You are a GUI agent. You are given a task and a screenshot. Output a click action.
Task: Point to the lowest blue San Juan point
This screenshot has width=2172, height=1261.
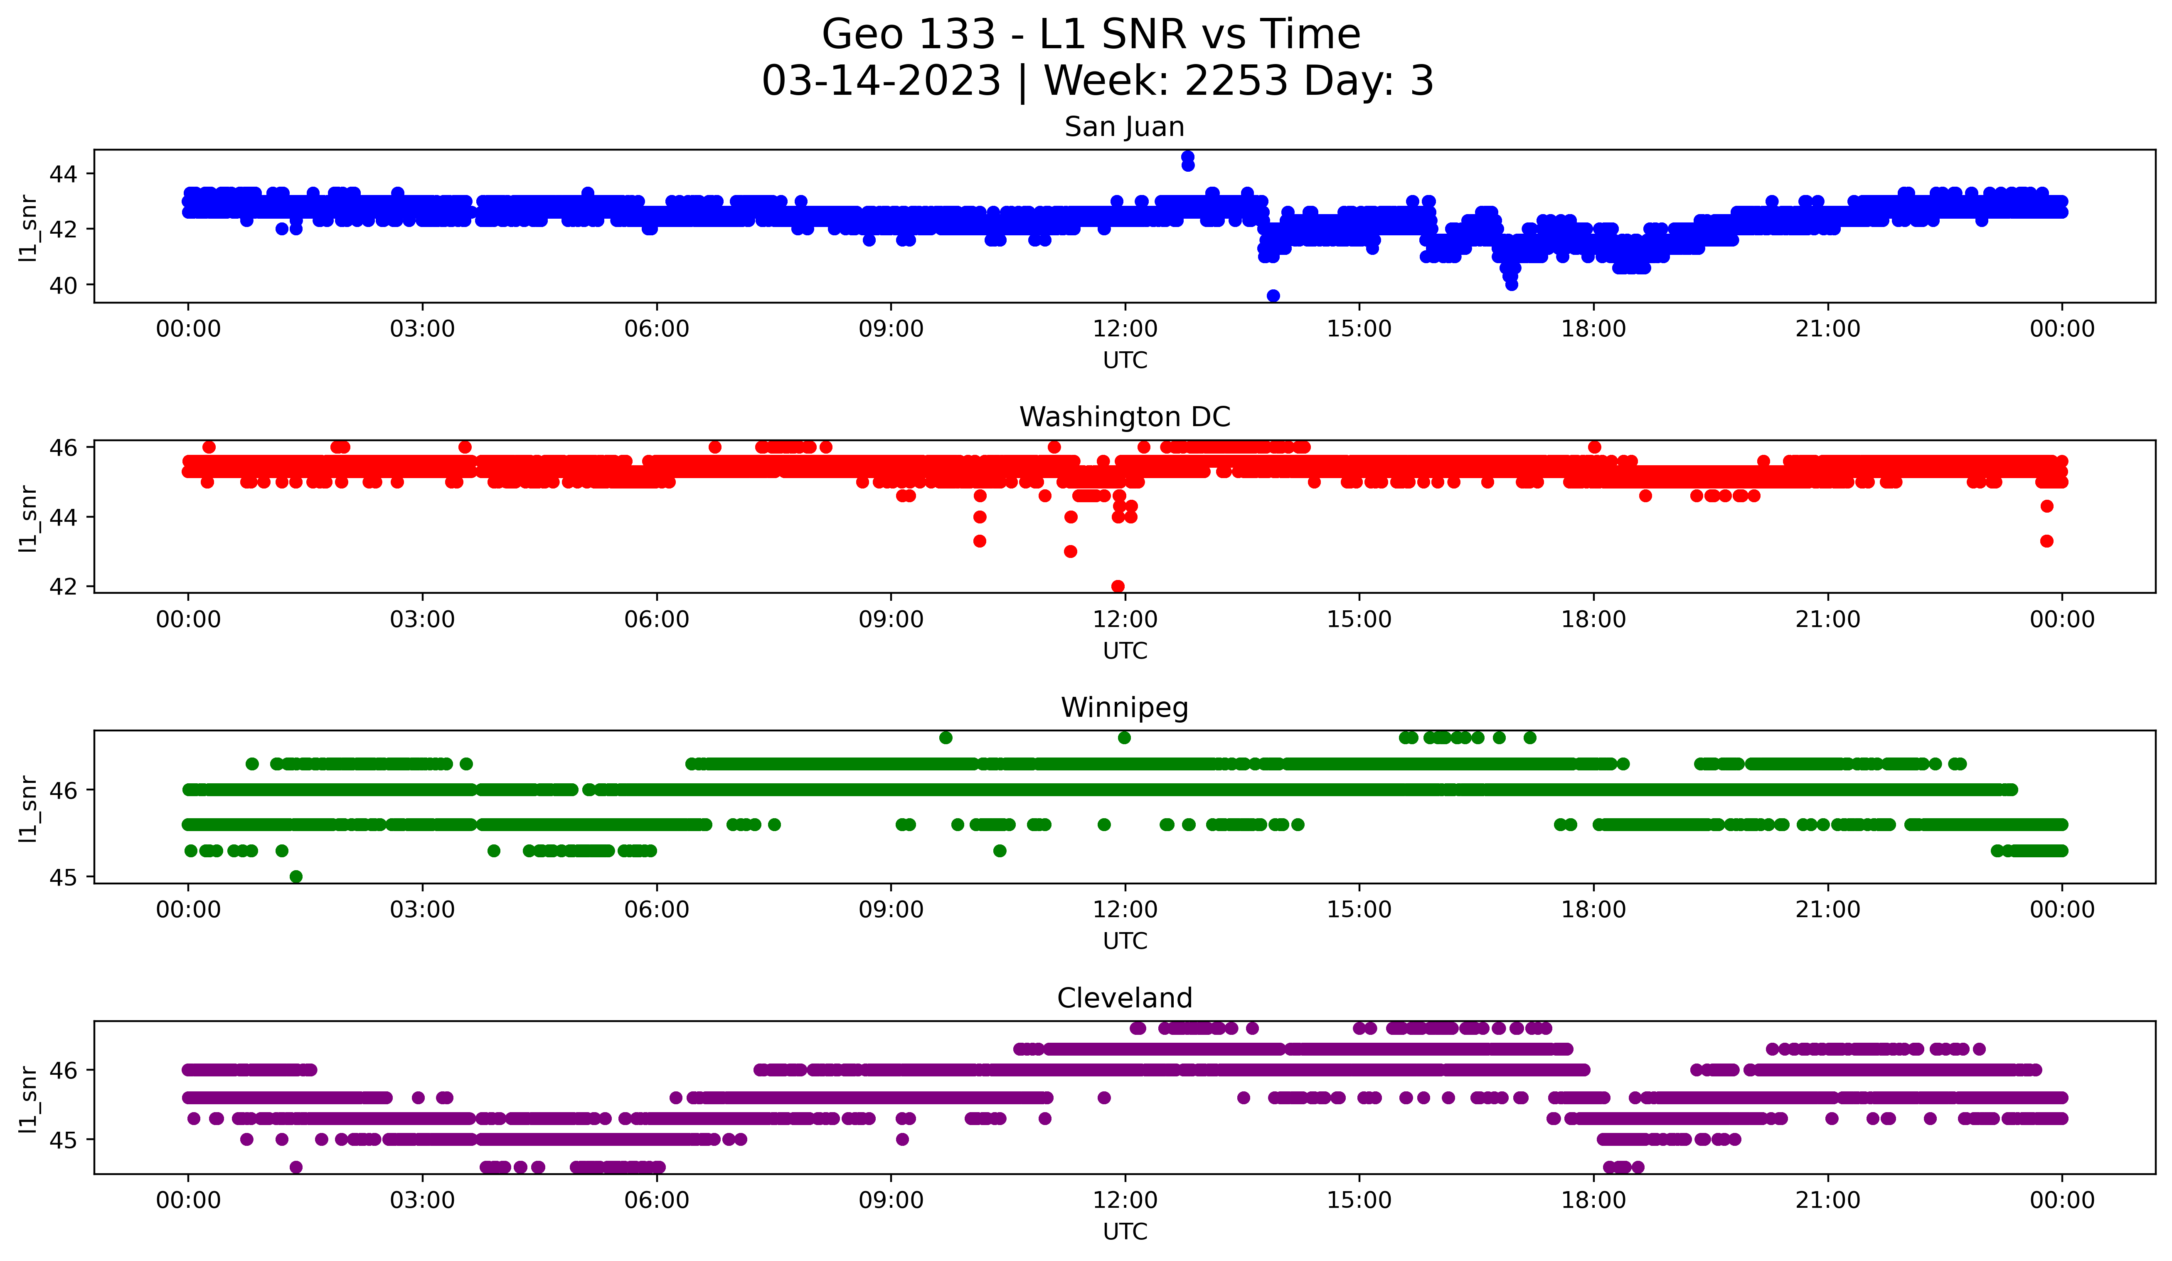click(1273, 296)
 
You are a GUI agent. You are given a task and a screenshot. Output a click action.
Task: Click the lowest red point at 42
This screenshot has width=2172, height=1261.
click(1118, 586)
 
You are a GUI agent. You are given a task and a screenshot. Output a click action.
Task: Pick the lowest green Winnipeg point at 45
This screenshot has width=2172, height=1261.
click(296, 876)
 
